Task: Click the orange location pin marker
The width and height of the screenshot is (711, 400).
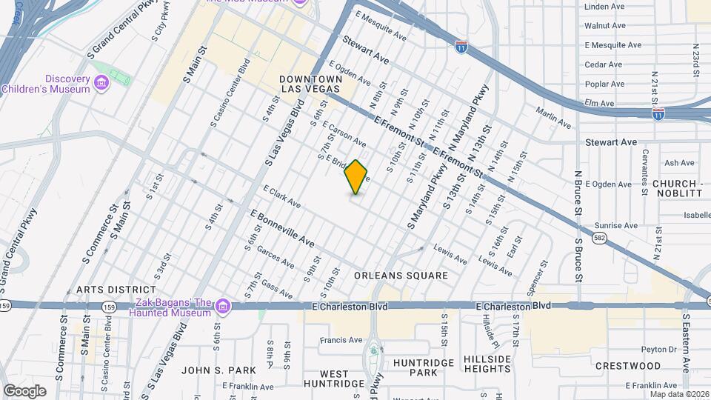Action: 356,177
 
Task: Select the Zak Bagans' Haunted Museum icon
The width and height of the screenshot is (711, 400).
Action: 221,305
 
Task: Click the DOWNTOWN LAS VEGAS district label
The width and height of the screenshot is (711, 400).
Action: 310,84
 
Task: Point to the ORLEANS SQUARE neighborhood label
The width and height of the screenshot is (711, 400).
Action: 401,276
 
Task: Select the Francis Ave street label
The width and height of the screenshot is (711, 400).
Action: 341,341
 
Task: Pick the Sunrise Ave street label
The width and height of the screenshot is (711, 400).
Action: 615,225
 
